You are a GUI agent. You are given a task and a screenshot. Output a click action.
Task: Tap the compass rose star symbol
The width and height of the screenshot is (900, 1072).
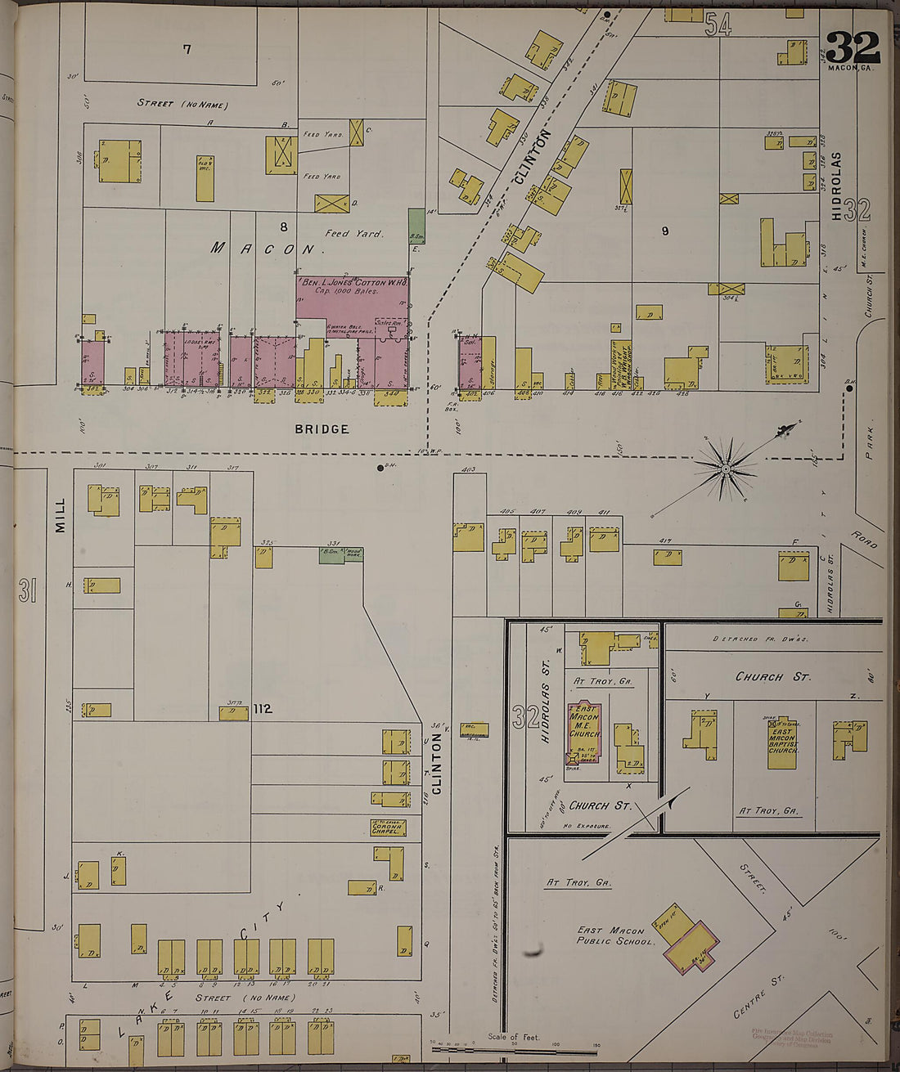tap(725, 469)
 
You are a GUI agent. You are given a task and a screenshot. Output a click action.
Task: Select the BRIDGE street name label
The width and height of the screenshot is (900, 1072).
tap(322, 428)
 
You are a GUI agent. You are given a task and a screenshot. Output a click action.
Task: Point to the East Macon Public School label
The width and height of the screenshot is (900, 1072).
tap(616, 935)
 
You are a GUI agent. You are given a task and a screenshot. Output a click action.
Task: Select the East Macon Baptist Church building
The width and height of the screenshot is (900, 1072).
tap(782, 745)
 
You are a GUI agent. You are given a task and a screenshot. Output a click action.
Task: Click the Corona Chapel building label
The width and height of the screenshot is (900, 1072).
tap(388, 828)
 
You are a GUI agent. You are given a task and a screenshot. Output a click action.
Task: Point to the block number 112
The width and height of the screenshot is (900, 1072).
tap(262, 709)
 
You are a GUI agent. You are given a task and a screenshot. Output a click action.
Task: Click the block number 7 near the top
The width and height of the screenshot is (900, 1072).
tap(187, 49)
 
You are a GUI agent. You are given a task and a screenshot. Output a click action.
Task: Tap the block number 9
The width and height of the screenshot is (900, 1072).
tap(665, 231)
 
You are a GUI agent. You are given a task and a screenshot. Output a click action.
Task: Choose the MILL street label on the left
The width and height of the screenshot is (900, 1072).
tap(60, 517)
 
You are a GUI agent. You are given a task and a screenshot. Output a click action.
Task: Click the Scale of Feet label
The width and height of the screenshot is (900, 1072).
tap(514, 1037)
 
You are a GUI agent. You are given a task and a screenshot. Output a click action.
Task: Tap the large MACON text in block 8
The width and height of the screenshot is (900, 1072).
tap(263, 248)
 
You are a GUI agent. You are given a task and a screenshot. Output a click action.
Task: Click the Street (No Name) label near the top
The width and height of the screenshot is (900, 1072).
tap(182, 104)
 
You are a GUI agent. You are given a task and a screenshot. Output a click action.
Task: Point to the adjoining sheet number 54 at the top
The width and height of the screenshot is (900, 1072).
tap(718, 25)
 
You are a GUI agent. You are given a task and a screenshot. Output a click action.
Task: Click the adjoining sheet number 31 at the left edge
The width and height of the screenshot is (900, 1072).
tap(27, 590)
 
